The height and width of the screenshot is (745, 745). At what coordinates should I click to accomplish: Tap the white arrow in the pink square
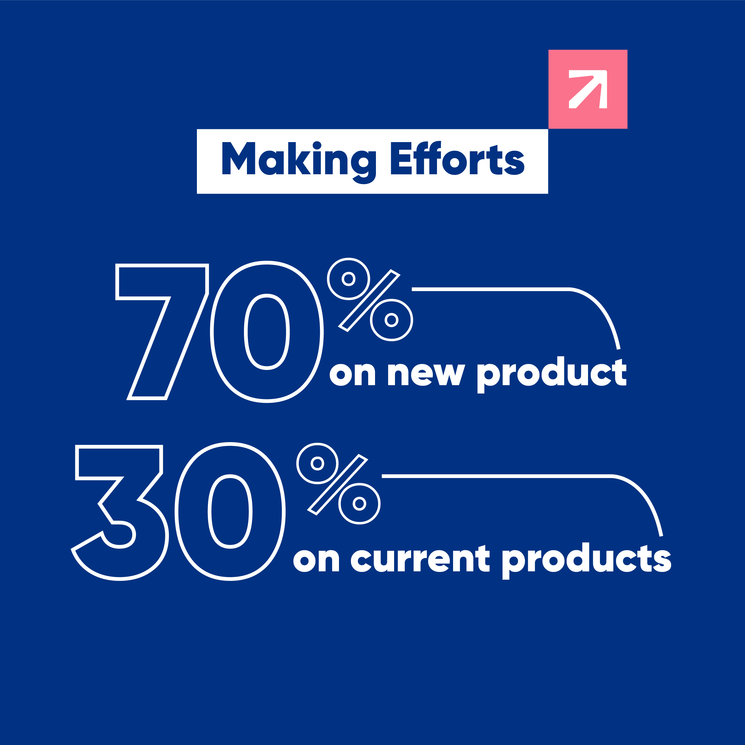(588, 89)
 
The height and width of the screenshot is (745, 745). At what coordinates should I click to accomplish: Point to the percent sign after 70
(370, 300)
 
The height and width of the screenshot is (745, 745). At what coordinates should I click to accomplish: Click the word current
(420, 558)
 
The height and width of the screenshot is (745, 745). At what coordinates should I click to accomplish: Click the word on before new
(352, 374)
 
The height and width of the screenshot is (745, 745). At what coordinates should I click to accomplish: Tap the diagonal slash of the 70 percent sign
(369, 300)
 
